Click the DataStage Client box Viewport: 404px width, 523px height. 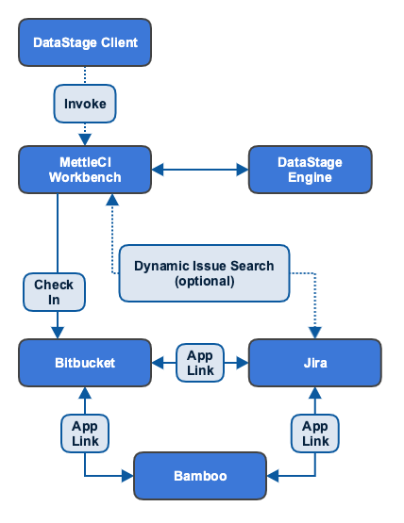point(85,42)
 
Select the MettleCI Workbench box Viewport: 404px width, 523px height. point(85,170)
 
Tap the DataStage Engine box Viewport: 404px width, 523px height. point(310,170)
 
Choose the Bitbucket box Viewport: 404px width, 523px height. point(85,363)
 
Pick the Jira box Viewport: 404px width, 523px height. point(314,363)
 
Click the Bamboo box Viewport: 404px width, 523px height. point(199,476)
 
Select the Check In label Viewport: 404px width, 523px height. point(54,292)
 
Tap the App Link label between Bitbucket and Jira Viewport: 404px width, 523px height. point(199,363)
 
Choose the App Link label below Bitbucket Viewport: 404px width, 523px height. point(85,433)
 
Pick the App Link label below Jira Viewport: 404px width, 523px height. point(314,433)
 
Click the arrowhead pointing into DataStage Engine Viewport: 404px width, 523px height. point(242,170)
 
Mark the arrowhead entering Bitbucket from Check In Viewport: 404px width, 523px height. point(57,333)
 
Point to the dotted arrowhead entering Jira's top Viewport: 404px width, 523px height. point(314,333)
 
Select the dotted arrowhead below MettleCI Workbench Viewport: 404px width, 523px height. point(113,200)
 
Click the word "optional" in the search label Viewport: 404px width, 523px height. point(204,281)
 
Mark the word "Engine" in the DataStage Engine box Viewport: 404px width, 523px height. point(310,177)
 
